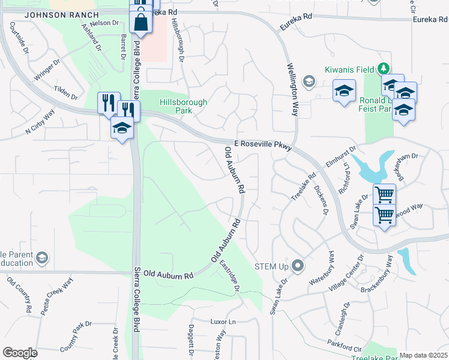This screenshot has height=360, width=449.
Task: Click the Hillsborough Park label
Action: pyautogui.click(x=183, y=107)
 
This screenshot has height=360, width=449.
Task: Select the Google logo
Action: pyautogui.click(x=20, y=353)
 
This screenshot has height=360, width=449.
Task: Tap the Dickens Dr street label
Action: pyautogui.click(x=322, y=199)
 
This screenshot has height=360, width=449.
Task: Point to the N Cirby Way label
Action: pyautogui.click(x=40, y=124)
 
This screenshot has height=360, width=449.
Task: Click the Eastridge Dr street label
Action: pyautogui.click(x=229, y=275)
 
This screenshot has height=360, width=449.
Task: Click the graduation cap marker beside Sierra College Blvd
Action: pyautogui.click(x=122, y=128)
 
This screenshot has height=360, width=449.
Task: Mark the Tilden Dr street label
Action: pyautogui.click(x=66, y=93)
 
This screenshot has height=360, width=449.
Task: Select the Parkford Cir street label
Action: pyautogui.click(x=345, y=344)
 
